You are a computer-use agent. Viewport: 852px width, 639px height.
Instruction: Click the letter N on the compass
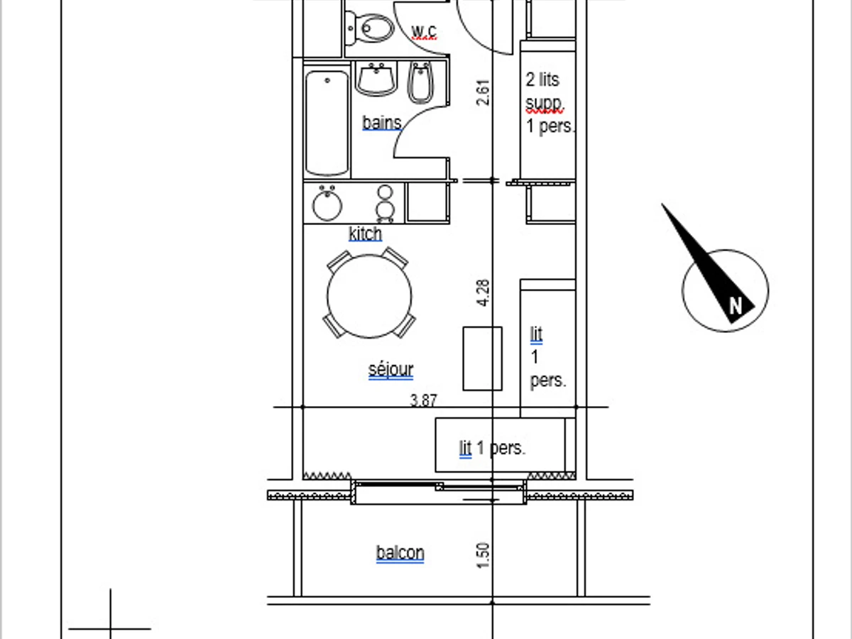(736, 306)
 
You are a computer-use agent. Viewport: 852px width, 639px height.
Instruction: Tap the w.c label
(424, 31)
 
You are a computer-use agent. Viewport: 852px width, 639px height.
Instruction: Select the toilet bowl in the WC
(370, 28)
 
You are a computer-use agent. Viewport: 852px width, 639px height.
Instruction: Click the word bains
(382, 123)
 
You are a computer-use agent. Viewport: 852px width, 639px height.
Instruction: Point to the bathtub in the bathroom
(327, 123)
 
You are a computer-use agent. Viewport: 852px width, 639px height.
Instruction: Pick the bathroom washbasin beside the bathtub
(376, 79)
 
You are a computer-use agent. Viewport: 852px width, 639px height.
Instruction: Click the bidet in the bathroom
(420, 82)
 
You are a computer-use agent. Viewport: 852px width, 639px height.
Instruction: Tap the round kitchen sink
(327, 204)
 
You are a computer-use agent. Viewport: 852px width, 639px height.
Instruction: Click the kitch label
(365, 234)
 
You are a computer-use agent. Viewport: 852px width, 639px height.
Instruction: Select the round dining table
(369, 296)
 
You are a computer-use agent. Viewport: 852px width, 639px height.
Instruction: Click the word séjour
(391, 369)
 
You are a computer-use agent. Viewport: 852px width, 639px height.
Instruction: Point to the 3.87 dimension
(423, 400)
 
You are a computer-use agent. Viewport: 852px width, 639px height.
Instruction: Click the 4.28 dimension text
(483, 293)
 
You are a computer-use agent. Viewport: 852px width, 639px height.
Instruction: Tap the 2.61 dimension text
(483, 92)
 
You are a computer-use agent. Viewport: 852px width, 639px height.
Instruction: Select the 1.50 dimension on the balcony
(483, 555)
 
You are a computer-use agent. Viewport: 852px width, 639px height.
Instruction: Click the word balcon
(400, 552)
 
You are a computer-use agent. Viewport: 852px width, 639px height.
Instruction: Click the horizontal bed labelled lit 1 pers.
(501, 445)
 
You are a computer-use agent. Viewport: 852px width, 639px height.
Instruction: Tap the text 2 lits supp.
(544, 92)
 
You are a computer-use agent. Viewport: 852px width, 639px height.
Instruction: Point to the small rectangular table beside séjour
(483, 359)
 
